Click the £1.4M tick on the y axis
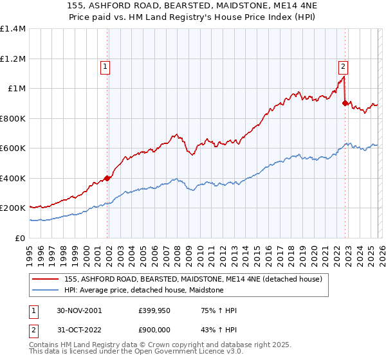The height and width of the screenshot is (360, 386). tap(13, 29)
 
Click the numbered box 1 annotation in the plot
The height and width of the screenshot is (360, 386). tap(104, 65)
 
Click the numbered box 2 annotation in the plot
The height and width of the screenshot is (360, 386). tap(344, 65)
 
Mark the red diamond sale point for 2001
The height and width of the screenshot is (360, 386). tap(107, 179)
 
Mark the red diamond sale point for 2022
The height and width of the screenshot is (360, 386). tap(345, 103)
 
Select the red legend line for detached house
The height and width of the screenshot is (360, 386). tap(46, 278)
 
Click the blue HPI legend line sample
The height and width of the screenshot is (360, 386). tap(46, 290)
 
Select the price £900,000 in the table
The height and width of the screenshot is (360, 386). tap(155, 330)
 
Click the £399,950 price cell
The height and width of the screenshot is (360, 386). tap(155, 310)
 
